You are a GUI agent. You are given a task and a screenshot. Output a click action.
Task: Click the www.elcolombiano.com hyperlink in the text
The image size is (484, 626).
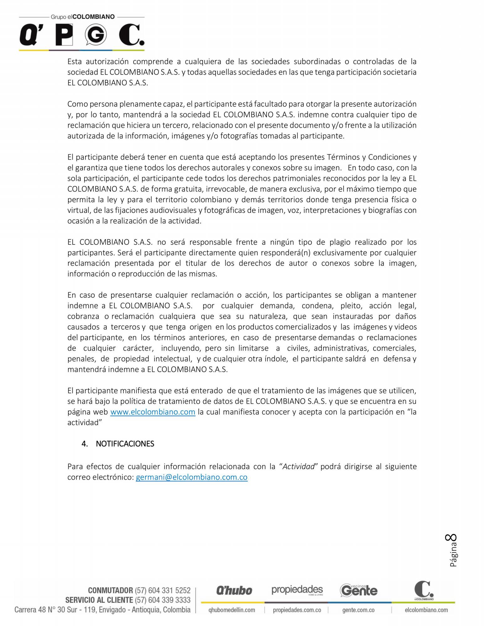[x=153, y=412]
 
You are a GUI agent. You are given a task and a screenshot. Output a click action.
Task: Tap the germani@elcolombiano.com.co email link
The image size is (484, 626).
[x=191, y=477]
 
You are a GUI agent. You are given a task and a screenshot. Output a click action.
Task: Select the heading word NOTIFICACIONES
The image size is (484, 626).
[x=125, y=444]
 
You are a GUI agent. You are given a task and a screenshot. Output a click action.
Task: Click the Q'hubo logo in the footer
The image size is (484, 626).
[x=234, y=590]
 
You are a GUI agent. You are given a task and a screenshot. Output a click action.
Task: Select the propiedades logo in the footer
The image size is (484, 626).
[x=297, y=590]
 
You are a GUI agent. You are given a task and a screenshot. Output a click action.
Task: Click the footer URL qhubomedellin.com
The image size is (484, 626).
[x=232, y=610]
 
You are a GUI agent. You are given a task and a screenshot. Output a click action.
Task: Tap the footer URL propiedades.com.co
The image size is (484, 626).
[x=297, y=610]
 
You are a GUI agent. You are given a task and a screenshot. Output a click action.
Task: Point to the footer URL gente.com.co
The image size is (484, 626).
[x=358, y=610]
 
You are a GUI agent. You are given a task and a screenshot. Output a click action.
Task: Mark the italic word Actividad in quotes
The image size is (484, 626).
[x=298, y=466]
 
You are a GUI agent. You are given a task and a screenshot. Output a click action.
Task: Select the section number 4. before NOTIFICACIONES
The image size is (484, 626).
[x=85, y=444]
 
